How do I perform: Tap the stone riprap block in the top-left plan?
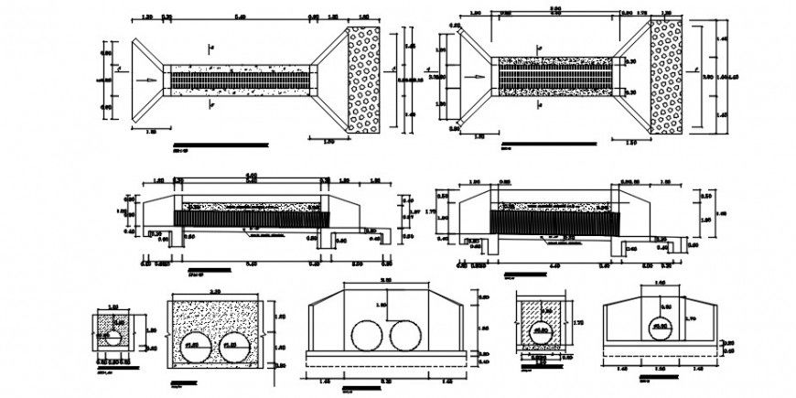click(x=363, y=80)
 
